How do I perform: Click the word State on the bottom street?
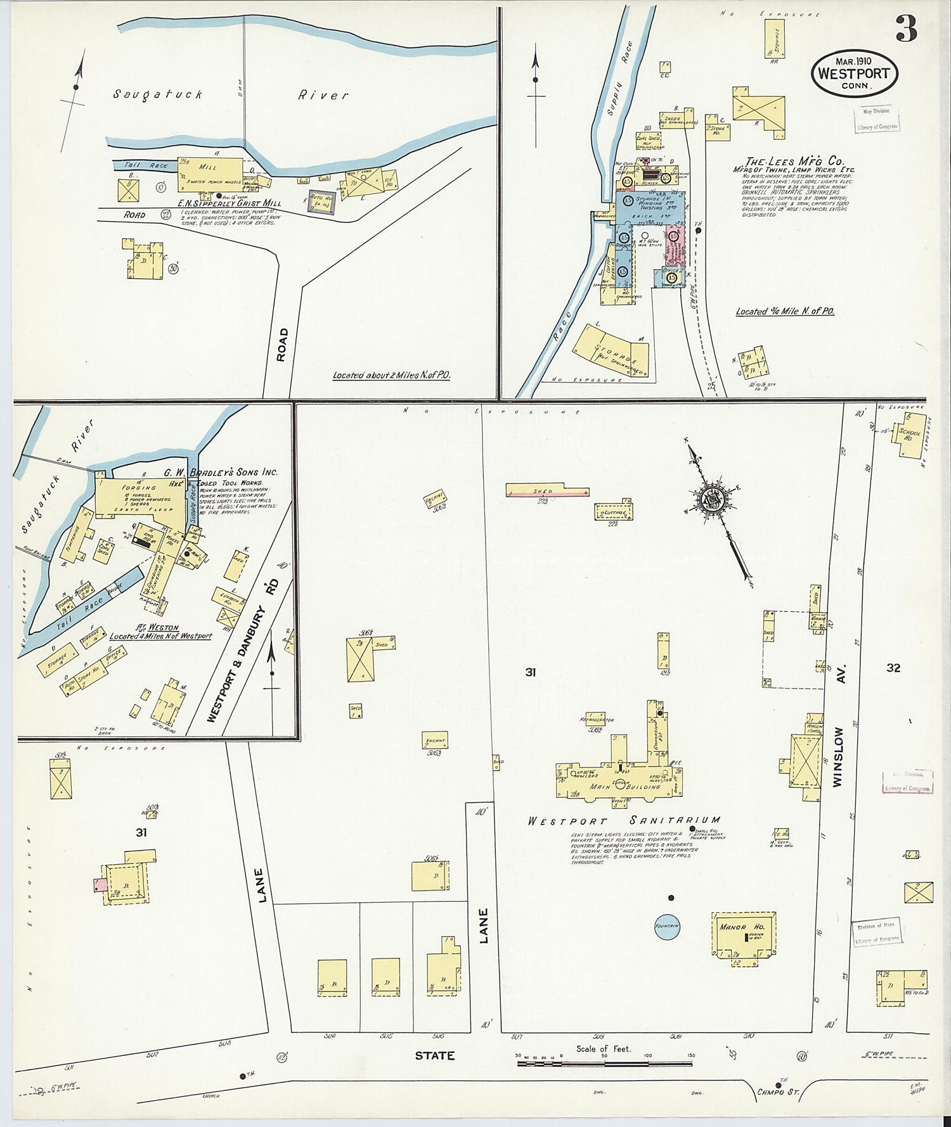point(434,1055)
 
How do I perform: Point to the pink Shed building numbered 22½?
point(547,491)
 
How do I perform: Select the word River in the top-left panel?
point(323,95)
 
